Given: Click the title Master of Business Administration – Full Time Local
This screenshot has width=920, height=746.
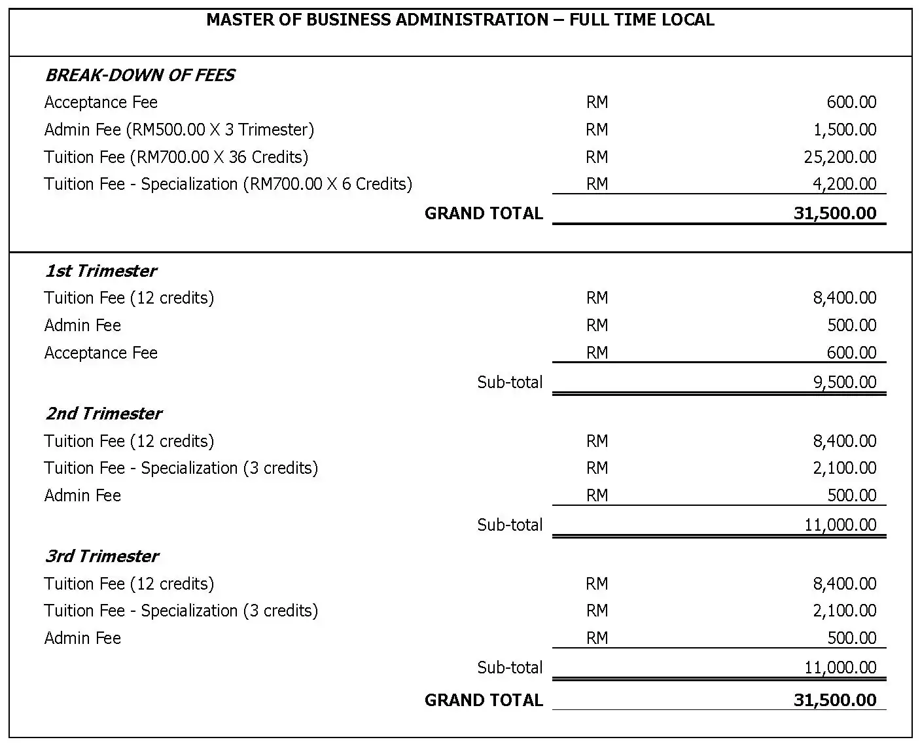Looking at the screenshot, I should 460,20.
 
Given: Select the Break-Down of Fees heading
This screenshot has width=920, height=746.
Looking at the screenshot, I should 139,75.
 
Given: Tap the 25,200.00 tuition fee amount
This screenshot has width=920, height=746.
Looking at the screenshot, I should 840,157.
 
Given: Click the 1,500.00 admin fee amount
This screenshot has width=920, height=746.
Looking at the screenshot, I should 844,130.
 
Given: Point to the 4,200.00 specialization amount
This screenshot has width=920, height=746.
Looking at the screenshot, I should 844,184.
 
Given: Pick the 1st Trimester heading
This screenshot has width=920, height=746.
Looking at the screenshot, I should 101,271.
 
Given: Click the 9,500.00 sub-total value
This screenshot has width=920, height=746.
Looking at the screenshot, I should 844,382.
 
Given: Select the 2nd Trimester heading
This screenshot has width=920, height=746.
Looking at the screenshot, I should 103,414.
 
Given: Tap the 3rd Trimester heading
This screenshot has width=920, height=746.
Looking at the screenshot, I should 101,556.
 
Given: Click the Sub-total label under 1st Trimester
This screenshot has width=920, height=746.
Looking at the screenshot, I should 510,382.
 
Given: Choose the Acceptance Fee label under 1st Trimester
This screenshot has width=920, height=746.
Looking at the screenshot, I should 101,353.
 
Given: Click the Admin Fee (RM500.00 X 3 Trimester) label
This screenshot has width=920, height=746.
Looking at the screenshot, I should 179,130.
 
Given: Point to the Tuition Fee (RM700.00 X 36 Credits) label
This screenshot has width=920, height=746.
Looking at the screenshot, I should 176,157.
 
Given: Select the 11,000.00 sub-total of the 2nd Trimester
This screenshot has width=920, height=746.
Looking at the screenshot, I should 840,525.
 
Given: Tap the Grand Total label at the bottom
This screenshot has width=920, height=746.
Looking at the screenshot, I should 484,700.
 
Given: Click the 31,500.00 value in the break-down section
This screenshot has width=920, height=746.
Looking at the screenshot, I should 834,213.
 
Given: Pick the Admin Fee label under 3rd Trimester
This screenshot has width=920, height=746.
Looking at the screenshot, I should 82,638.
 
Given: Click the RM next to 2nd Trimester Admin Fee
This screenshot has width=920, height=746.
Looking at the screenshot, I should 597,495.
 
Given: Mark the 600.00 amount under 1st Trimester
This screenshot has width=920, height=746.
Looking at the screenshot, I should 851,353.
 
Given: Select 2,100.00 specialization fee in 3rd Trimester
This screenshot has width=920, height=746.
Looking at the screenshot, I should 844,611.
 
